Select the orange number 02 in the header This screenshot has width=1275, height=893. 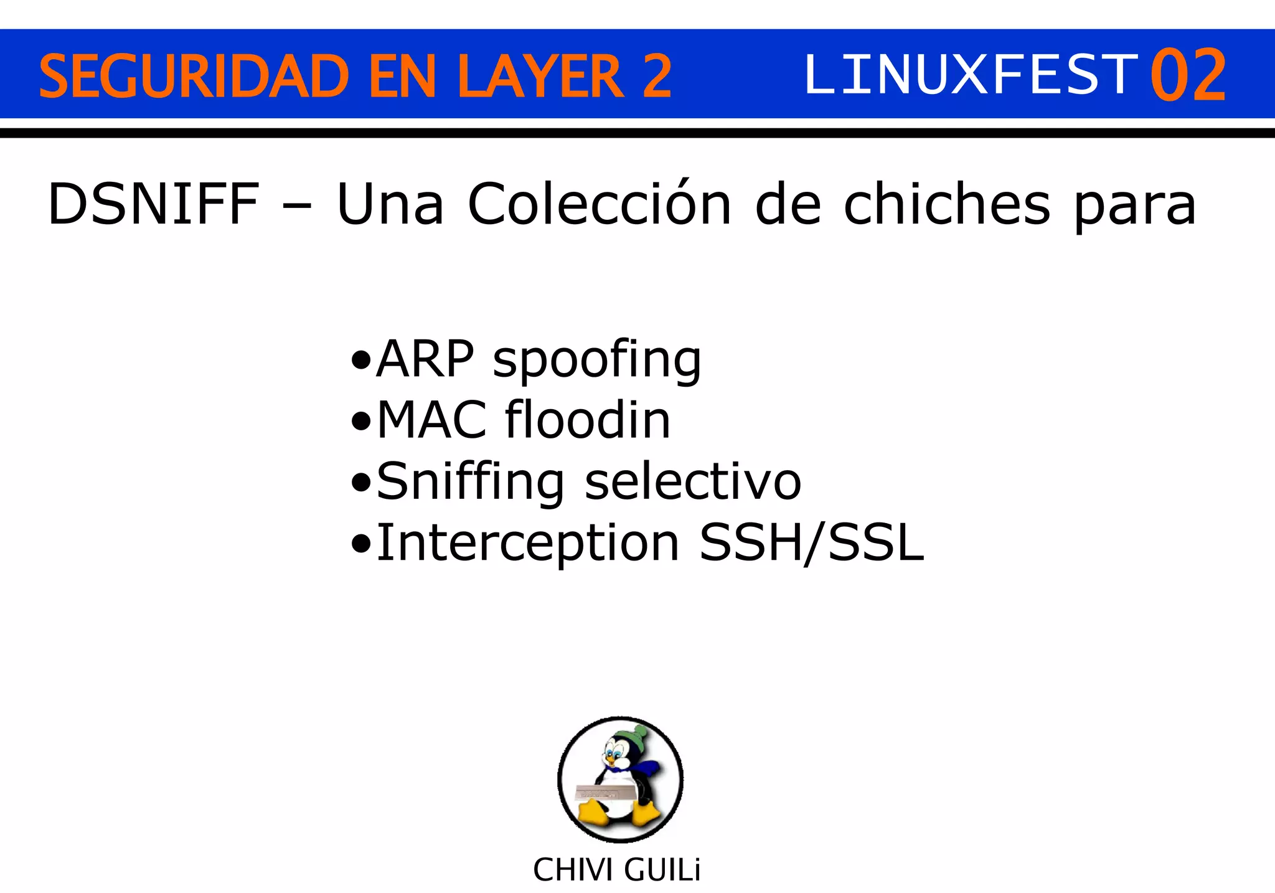1188,76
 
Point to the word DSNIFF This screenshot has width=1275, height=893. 153,204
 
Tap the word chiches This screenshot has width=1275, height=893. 947,204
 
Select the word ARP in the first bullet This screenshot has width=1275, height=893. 425,359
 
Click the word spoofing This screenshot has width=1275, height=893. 597,361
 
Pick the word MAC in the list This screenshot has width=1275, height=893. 431,420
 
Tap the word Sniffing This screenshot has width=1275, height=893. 471,482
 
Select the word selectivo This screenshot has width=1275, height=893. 693,481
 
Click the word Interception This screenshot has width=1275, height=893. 528,543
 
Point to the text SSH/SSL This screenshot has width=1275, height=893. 811,543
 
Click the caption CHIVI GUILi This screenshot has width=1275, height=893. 616,870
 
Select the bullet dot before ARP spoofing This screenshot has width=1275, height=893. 360,361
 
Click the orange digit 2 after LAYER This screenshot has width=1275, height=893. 656,76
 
